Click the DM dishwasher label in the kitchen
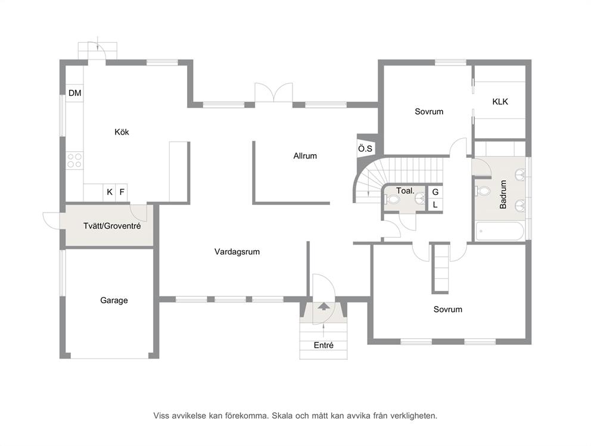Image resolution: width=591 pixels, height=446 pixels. [x=74, y=93]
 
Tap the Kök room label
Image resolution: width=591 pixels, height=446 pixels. [x=122, y=132]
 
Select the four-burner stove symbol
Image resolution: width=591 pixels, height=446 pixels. [x=74, y=160]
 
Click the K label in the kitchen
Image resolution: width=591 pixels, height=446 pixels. [x=110, y=192]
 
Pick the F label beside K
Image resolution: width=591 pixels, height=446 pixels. [x=122, y=192]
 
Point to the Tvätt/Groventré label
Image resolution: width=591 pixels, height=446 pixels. [x=112, y=226]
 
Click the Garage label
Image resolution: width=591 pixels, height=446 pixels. [x=114, y=300]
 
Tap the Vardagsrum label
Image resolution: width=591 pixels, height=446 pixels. [x=237, y=252]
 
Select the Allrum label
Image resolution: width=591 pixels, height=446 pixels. [x=305, y=156]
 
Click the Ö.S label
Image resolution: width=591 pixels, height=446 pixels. [x=365, y=149]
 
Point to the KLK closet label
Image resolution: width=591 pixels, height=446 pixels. [x=500, y=102]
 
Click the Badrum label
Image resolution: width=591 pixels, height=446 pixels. [x=503, y=194]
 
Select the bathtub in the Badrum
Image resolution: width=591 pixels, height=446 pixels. [x=500, y=231]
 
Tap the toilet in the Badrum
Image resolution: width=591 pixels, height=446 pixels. [x=482, y=191]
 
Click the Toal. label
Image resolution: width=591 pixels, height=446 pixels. [x=405, y=191]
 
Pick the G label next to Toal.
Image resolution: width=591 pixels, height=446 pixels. [x=436, y=192]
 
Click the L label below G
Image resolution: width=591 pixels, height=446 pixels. [x=436, y=205]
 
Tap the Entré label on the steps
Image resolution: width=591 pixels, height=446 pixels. [x=324, y=345]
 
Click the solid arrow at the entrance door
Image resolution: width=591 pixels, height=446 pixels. [x=323, y=305]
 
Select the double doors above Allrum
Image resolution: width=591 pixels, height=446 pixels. [x=273, y=92]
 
